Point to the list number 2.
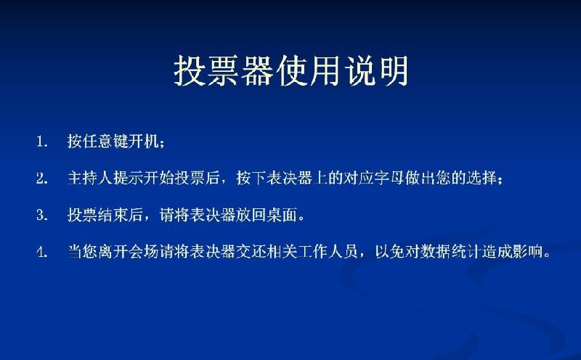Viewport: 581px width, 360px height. [42, 178]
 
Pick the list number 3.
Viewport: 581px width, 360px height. [42, 215]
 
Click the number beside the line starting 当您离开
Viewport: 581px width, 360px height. [42, 253]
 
